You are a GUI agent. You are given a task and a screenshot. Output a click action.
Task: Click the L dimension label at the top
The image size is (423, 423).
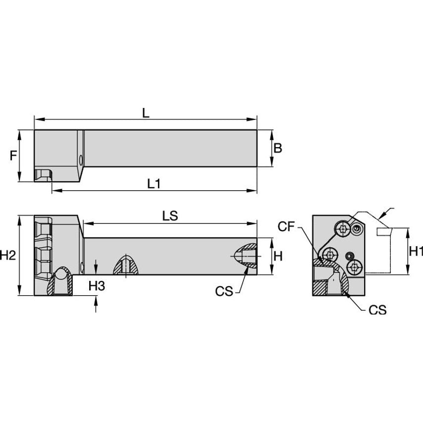(146, 113)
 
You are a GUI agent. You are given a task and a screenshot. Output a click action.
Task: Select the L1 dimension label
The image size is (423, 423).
(154, 184)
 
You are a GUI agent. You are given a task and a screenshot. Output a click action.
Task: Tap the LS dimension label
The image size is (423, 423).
(170, 216)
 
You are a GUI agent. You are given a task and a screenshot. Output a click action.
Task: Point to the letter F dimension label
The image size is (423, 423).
(13, 156)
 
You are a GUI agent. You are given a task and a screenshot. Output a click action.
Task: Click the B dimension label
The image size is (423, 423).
(278, 148)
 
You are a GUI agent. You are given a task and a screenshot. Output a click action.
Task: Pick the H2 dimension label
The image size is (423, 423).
(8, 255)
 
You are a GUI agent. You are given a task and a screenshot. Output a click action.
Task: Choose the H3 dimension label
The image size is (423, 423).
(97, 286)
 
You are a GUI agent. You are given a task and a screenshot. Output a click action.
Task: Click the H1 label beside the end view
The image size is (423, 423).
(416, 252)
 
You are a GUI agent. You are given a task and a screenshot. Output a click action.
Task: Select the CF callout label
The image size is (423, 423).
(286, 227)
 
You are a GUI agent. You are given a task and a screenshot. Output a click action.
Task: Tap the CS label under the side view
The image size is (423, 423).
(224, 291)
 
